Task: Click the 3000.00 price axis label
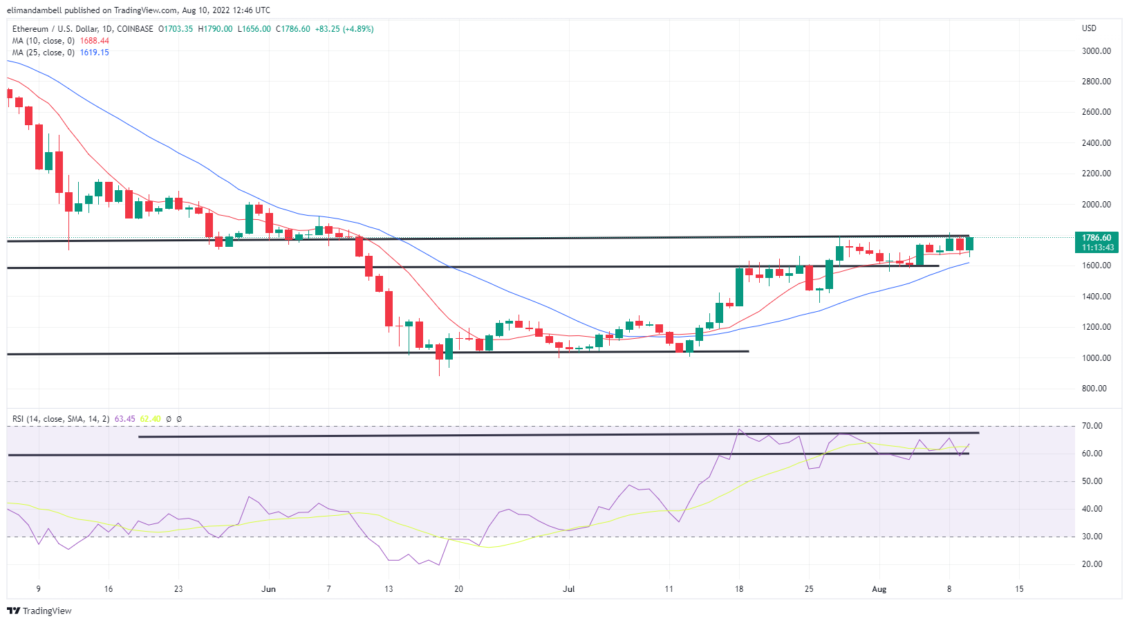[x=1096, y=51]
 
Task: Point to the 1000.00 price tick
[x=1096, y=358]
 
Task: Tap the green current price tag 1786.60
[x=1097, y=238]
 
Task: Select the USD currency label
[x=1089, y=28]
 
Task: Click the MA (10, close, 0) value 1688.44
[x=95, y=41]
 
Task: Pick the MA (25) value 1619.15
[x=95, y=53]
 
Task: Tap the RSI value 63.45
[x=124, y=419]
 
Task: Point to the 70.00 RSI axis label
[x=1092, y=426]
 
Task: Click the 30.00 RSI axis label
[x=1092, y=537]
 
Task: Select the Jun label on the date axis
[x=268, y=589]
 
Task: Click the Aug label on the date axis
[x=879, y=589]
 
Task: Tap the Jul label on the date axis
[x=568, y=589]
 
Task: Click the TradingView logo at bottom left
[x=39, y=611]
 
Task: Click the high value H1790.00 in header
[x=215, y=29]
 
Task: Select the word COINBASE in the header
[x=135, y=29]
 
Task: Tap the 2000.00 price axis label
[x=1096, y=205]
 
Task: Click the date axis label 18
[x=739, y=589]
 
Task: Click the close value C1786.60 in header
[x=293, y=29]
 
